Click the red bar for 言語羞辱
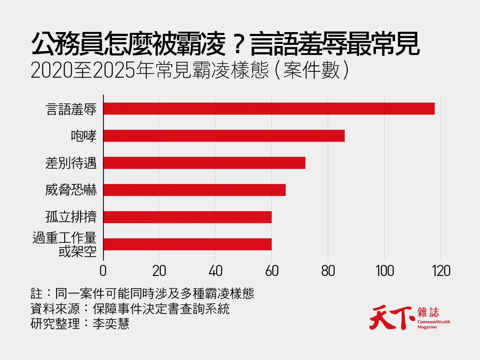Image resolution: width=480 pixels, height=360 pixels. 269,109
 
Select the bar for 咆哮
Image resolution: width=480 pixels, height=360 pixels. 224,136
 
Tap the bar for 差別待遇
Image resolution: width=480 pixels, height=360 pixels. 204,163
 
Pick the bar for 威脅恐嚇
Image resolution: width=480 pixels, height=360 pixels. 194,190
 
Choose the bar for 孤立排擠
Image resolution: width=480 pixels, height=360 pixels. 187,217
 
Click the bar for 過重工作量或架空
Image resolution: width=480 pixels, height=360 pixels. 187,244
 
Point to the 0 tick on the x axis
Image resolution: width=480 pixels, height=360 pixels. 103,271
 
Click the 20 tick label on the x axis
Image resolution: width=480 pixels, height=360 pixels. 159,271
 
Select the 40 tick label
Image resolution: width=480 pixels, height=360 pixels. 215,271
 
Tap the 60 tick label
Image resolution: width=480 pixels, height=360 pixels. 272,271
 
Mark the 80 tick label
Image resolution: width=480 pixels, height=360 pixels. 328,271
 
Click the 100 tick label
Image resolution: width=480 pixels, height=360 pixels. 385,271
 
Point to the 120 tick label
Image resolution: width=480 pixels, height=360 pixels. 441,271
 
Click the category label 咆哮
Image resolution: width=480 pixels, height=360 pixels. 83,136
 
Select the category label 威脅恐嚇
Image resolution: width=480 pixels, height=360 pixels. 71,190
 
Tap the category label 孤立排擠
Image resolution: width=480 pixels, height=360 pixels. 71,217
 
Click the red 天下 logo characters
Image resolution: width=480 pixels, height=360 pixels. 392,318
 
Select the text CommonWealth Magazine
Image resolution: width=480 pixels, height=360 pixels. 433,324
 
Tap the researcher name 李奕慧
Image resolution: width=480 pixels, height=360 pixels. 111,324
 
